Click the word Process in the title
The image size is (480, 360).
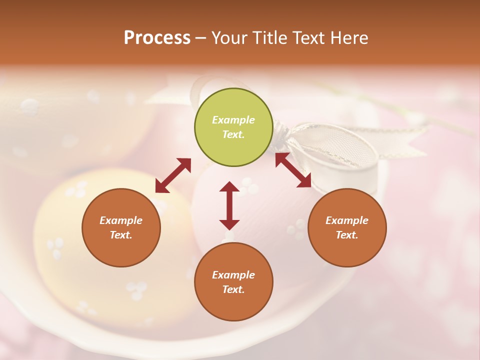click(157, 38)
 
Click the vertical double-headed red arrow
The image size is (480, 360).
click(229, 205)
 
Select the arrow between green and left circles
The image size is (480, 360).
click(173, 175)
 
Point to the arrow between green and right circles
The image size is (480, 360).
click(293, 170)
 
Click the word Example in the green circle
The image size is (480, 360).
click(233, 120)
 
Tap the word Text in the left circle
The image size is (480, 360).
click(121, 235)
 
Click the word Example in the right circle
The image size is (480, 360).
click(347, 220)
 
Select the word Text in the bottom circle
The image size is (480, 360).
click(233, 289)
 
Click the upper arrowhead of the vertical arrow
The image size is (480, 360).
click(229, 187)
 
